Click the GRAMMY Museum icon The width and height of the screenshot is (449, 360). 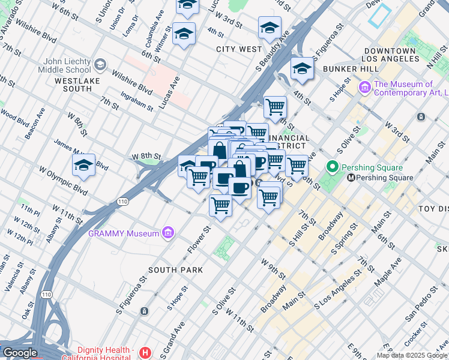[168, 233]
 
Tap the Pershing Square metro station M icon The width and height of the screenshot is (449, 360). [351, 178]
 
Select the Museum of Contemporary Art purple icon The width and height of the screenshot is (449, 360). [365, 89]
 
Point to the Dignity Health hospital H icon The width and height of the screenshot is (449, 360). [144, 353]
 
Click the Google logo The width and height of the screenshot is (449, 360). [19, 353]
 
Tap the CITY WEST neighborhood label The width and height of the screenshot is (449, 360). [239, 49]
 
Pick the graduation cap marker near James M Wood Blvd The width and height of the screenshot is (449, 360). [83, 165]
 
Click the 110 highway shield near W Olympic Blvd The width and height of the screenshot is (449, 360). [123, 201]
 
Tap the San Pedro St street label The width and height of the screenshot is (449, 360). [420, 301]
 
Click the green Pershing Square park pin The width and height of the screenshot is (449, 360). [331, 166]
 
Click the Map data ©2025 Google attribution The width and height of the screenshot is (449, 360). [412, 355]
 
